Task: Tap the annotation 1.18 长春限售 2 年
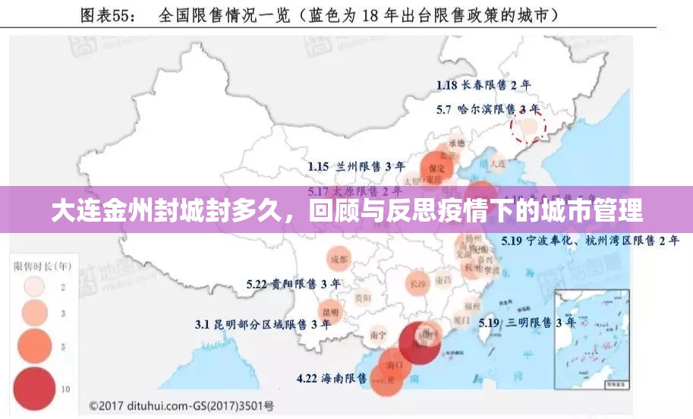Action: point(484,85)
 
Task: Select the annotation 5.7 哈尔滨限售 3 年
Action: point(488,109)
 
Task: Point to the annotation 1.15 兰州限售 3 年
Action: point(356,165)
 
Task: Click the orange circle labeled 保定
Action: point(437,167)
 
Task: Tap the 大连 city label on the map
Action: point(498,163)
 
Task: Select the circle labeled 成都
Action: point(339,259)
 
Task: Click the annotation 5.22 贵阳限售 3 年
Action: point(293,284)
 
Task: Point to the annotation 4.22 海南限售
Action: point(332,377)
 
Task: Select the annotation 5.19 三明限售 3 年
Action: point(515,323)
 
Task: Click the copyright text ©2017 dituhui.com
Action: point(181,406)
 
